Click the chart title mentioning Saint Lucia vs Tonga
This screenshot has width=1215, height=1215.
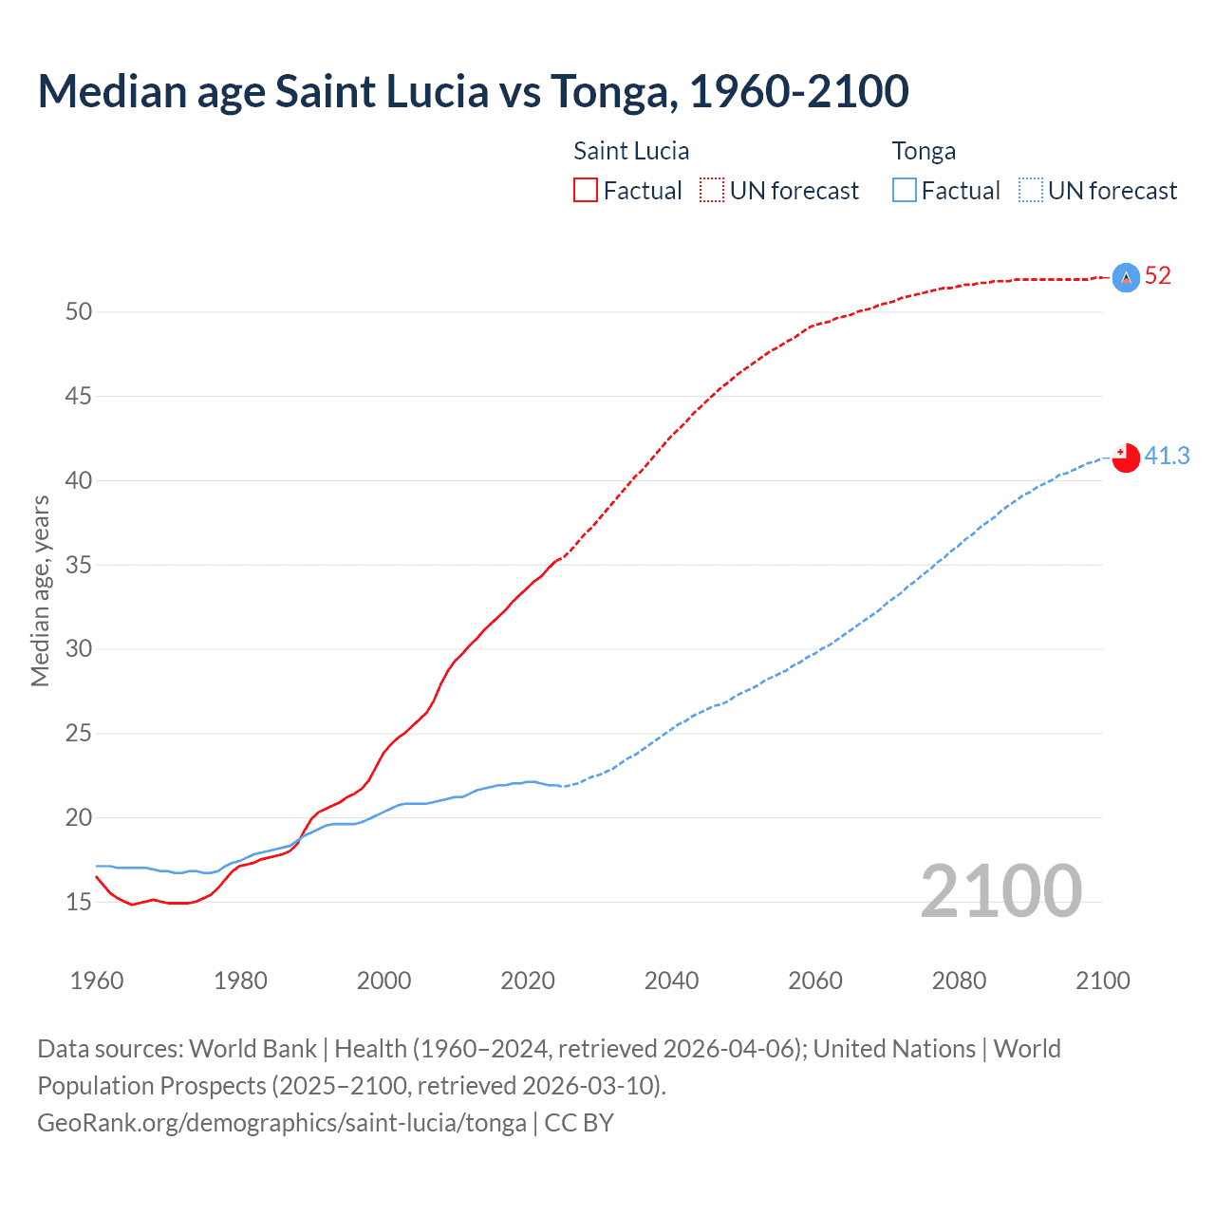(473, 91)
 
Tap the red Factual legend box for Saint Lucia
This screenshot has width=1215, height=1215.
(586, 190)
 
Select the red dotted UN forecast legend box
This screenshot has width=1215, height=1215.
(712, 190)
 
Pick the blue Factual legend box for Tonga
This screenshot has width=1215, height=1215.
(905, 190)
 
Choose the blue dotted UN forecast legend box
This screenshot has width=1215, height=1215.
(1031, 190)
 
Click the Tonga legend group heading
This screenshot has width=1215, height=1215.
(924, 151)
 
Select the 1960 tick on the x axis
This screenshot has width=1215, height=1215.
(97, 981)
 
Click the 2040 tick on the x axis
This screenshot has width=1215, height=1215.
(671, 981)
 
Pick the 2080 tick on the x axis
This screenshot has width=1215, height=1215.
(959, 981)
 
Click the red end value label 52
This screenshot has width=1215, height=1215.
(1158, 276)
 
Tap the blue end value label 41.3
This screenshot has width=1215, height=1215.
(1167, 457)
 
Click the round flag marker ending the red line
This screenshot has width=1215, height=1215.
(1126, 277)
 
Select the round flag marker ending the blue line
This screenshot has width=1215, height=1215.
(1126, 458)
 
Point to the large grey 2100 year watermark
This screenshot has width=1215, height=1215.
(1000, 891)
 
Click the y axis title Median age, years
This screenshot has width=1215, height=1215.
(40, 590)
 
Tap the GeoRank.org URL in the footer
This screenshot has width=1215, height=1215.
(282, 1123)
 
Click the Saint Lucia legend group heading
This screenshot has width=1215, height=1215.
(631, 151)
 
